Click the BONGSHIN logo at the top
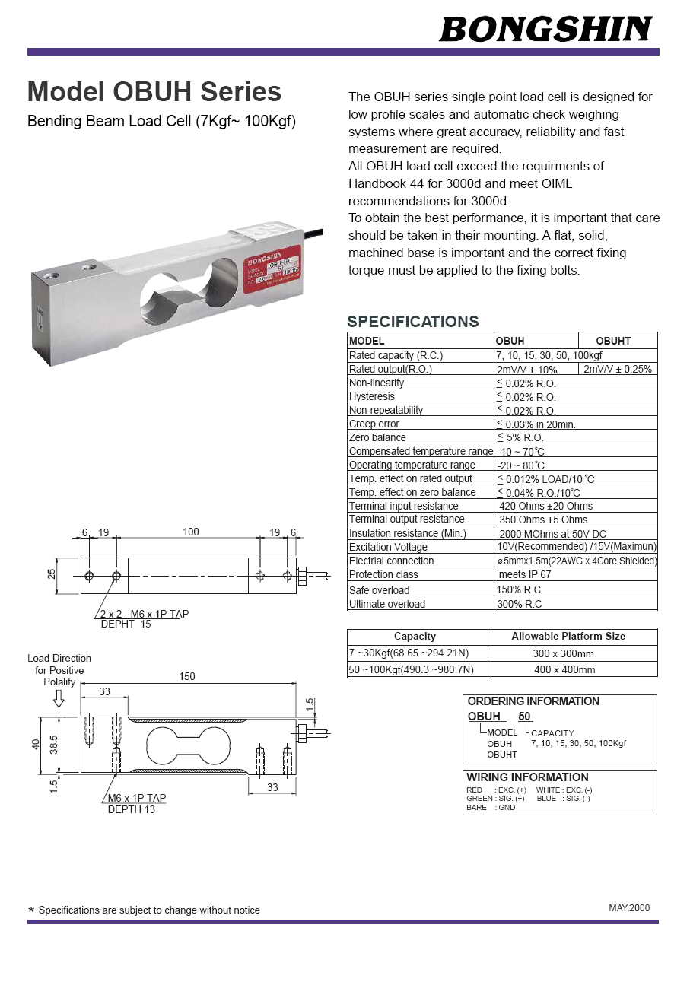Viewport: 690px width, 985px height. [545, 29]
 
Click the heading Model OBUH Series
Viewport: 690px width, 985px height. [154, 92]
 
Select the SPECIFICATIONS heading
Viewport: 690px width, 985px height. [413, 321]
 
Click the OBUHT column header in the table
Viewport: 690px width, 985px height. [612, 341]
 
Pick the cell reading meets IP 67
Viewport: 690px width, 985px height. [524, 574]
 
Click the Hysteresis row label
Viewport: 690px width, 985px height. [372, 396]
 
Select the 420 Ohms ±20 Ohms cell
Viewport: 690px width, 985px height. [545, 506]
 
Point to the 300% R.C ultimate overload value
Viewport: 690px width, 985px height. [520, 604]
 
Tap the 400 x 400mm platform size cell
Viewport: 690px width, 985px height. [564, 669]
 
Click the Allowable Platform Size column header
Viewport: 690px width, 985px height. [568, 636]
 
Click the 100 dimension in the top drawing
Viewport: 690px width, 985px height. [191, 532]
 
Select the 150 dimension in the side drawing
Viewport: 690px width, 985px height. [187, 676]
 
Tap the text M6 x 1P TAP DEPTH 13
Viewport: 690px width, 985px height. [136, 804]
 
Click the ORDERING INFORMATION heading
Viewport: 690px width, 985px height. [533, 701]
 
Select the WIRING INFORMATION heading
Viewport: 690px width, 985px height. [527, 777]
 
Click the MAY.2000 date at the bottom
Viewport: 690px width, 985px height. [629, 908]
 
